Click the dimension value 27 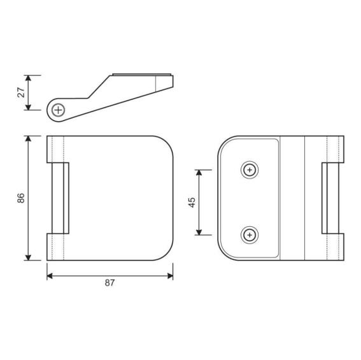(21, 92)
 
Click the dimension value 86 (21, 198)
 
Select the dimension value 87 (110, 283)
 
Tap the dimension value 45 (192, 203)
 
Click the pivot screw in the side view (59, 110)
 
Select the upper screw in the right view (250, 170)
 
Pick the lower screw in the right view (250, 235)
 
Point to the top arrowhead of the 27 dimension (28, 78)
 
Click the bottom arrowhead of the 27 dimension (28, 107)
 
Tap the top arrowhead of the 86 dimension (28, 138)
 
